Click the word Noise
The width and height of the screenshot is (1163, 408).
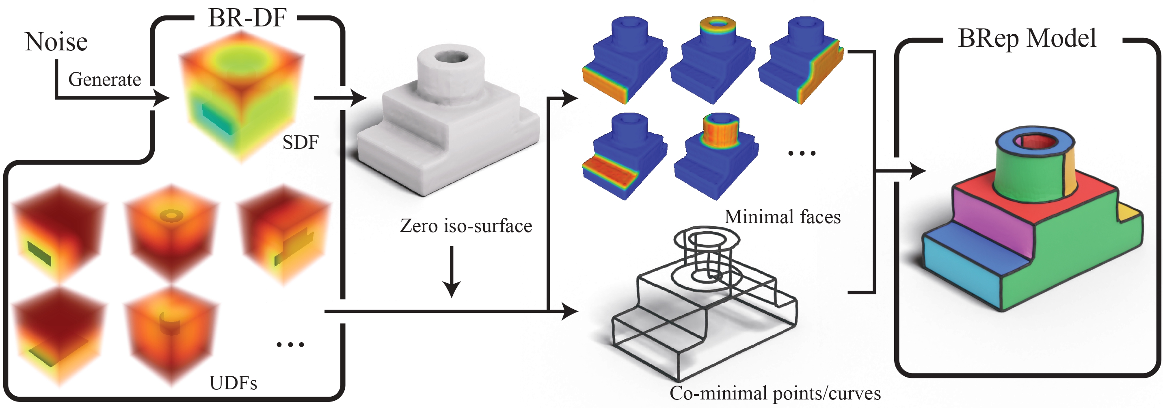click(56, 42)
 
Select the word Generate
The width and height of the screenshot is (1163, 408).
click(105, 80)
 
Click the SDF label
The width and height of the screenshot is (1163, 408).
click(300, 143)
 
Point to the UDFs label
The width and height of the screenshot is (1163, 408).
click(233, 383)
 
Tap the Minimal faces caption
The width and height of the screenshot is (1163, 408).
click(783, 217)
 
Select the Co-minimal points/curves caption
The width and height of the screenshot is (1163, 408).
click(775, 393)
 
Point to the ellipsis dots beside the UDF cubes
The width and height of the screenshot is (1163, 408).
click(290, 345)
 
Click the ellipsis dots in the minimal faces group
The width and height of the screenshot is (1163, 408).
click(802, 154)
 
